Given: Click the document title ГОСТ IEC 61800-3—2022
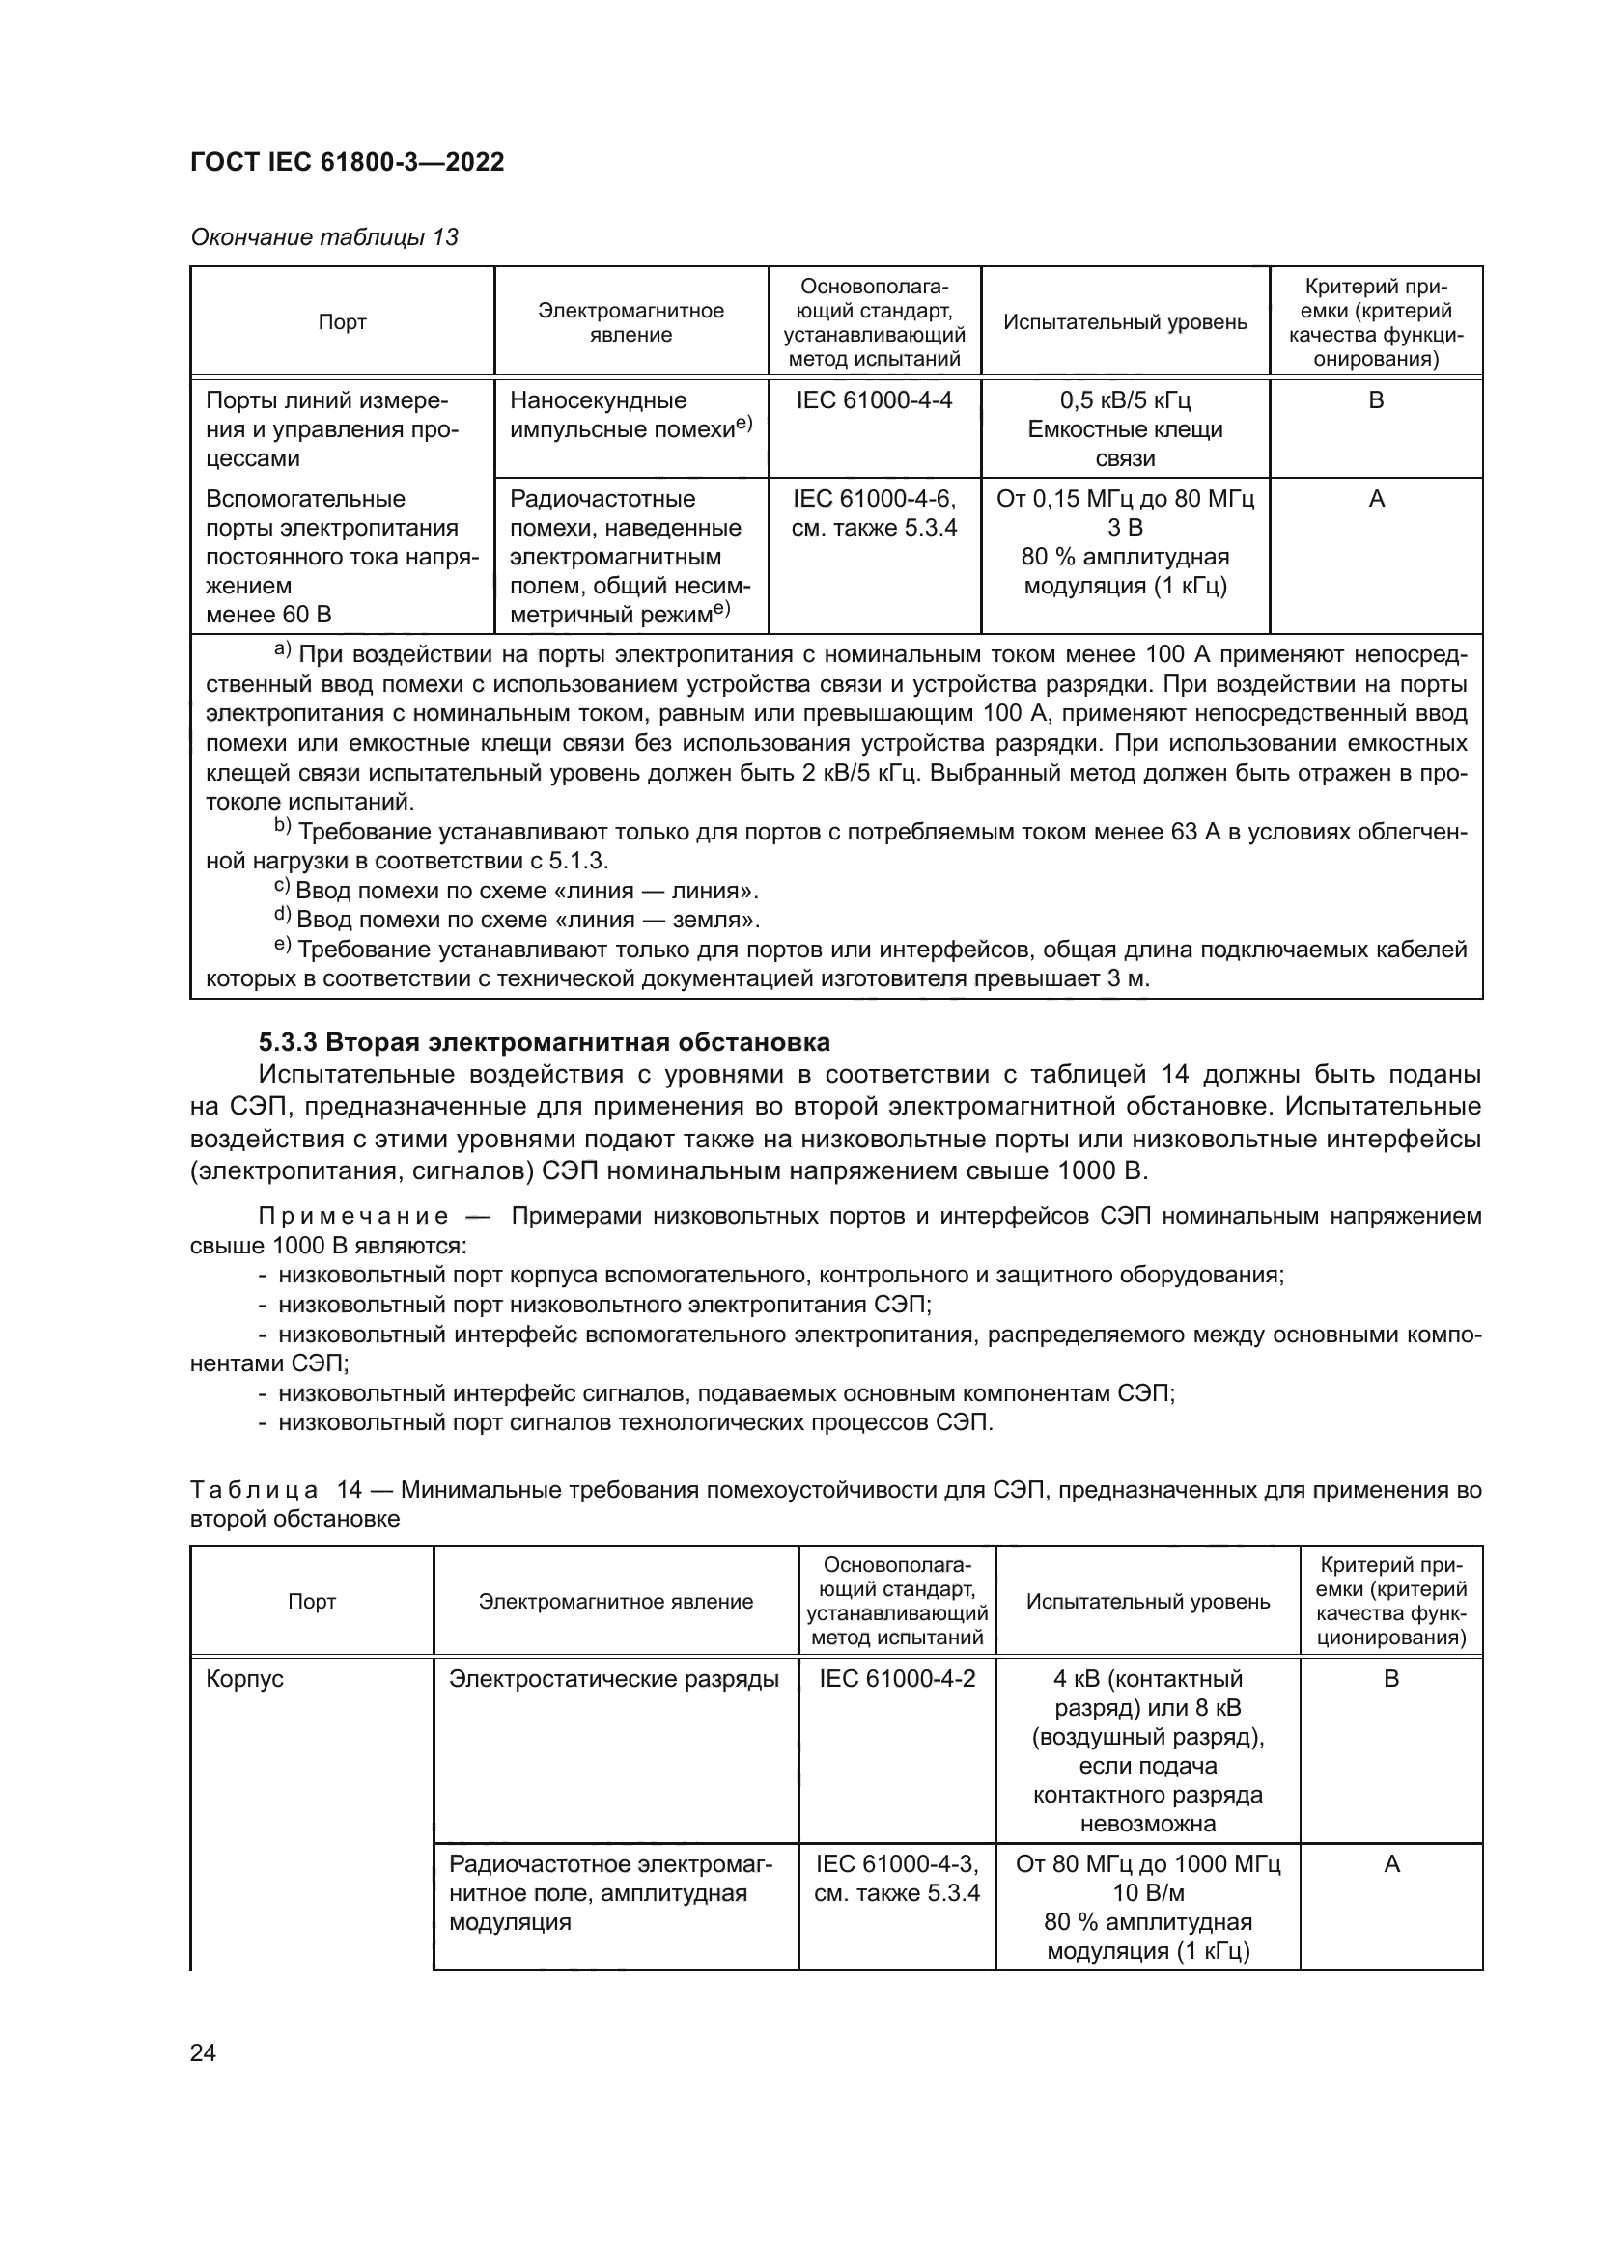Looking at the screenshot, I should click(348, 162).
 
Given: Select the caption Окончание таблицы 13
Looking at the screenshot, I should click(323, 237).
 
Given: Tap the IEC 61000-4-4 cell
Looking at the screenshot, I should click(873, 400).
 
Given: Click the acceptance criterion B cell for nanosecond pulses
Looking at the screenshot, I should click(1376, 400).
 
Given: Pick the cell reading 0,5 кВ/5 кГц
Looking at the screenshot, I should click(1125, 400).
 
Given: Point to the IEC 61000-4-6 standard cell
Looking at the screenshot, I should click(873, 500).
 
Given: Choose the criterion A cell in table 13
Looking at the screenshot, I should click(1376, 500).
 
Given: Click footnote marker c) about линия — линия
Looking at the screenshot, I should click(281, 888).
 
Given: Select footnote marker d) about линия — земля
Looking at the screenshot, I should click(281, 917).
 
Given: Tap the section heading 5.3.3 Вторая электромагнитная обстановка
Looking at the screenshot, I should click(544, 1042).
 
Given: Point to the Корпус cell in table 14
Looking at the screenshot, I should click(245, 1679).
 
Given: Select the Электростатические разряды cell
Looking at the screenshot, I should click(614, 1679).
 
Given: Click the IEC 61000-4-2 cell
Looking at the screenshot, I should click(897, 1679).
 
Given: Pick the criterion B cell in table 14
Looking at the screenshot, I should click(1390, 1679).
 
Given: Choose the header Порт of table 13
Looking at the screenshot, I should click(342, 322).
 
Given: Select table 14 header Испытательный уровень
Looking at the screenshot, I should click(1148, 1603).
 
